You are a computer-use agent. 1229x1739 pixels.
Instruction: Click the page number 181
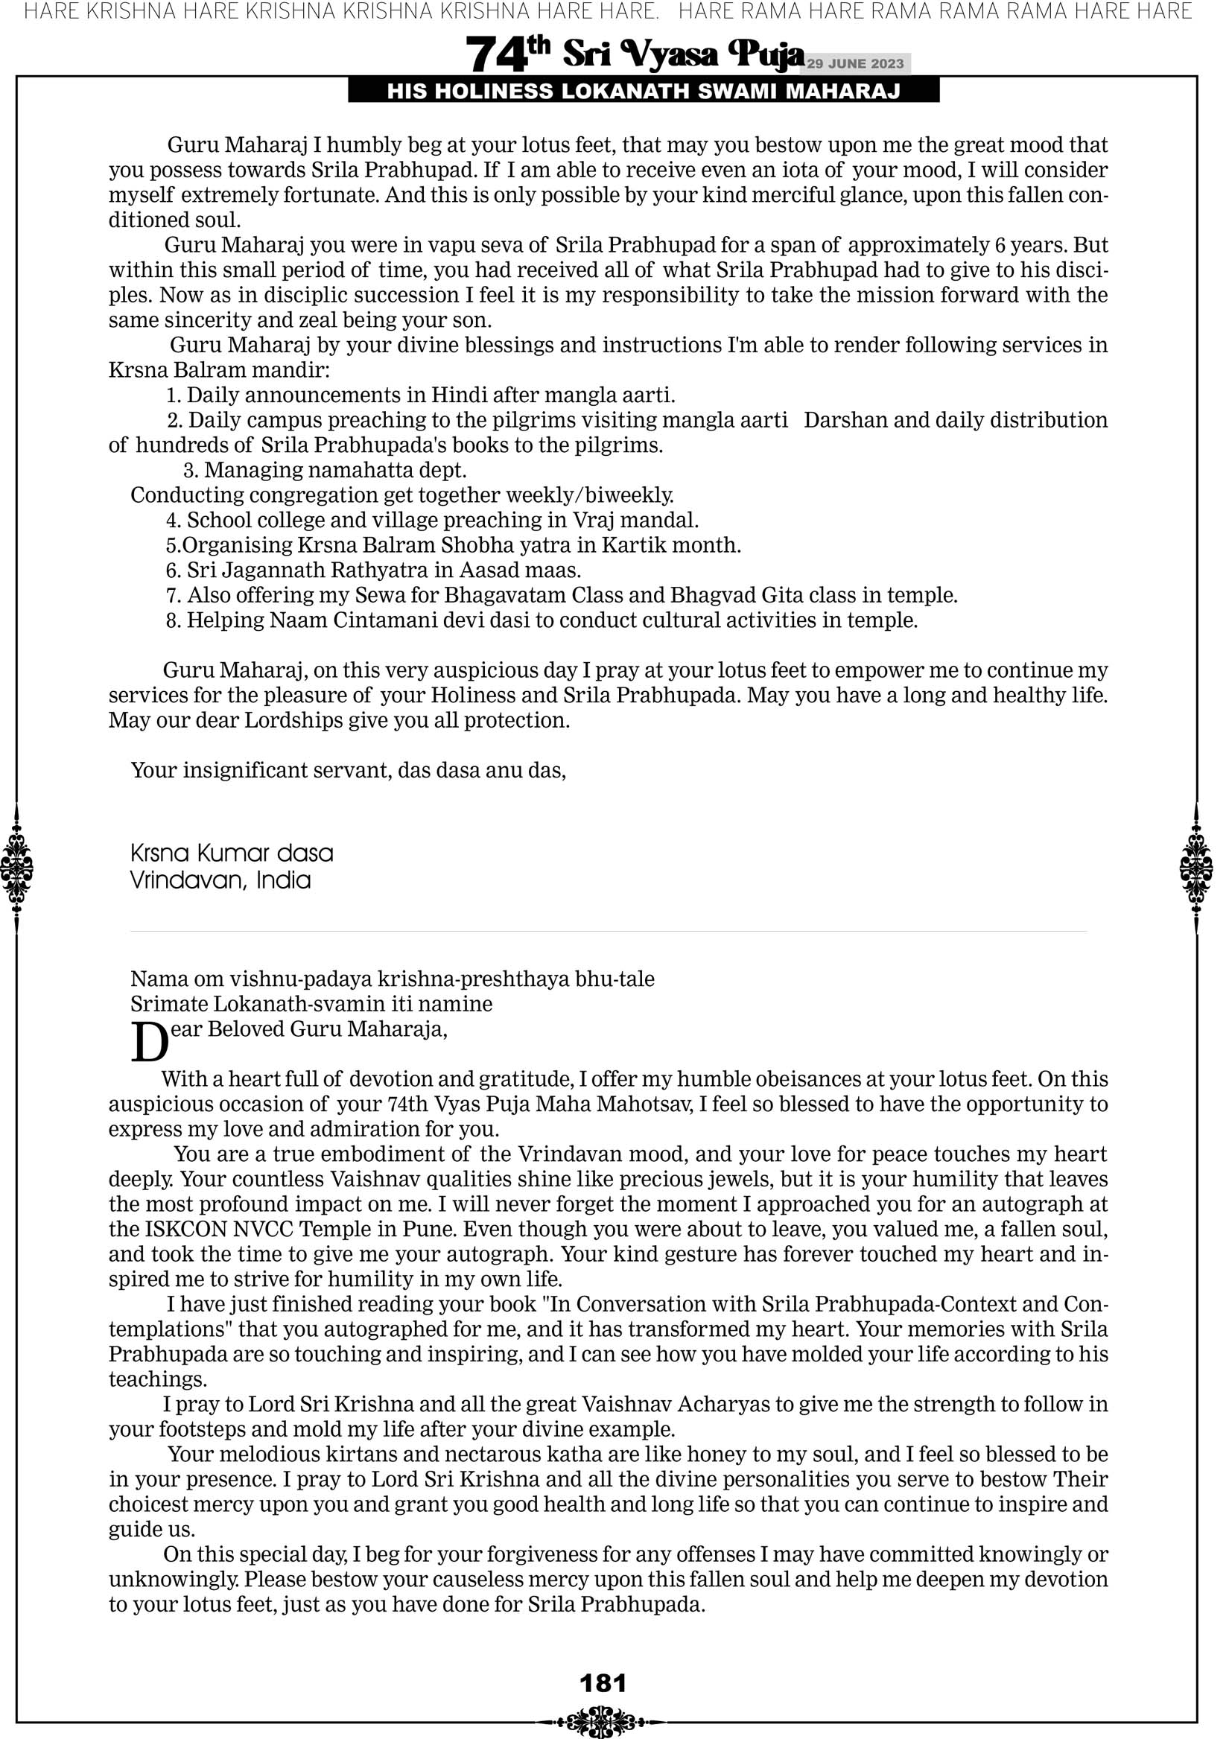click(603, 1683)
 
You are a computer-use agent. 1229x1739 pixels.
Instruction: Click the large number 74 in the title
click(496, 55)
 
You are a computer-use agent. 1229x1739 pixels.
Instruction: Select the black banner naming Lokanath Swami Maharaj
click(644, 92)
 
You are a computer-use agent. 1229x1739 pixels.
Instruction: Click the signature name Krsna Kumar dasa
click(232, 853)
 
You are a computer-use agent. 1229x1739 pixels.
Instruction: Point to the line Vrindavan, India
click(220, 880)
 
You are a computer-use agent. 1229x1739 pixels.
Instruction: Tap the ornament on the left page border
click(16, 868)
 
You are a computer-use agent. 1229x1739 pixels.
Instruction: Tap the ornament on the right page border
click(1196, 868)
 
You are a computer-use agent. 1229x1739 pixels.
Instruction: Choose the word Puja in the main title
click(764, 55)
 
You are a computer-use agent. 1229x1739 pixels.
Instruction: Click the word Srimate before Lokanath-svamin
click(169, 1005)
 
